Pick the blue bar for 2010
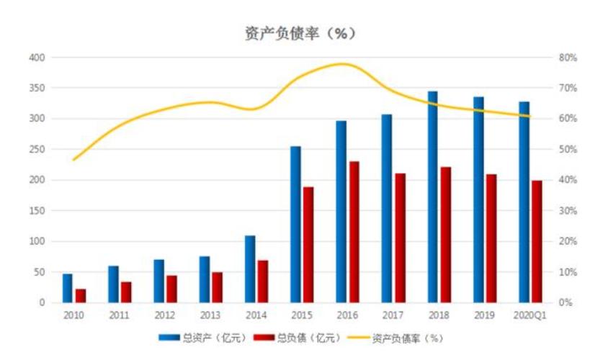tap(68, 288)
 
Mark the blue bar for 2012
tap(158, 281)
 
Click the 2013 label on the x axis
tap(210, 315)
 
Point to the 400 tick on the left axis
tap(37, 57)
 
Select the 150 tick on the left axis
tap(37, 211)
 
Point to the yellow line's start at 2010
tap(73, 160)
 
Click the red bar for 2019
tap(491, 238)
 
